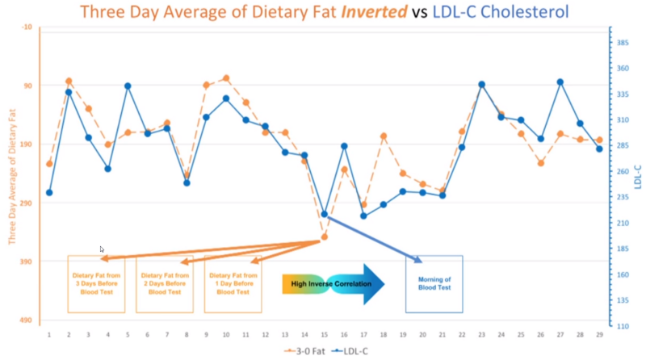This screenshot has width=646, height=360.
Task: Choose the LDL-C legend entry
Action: coord(356,351)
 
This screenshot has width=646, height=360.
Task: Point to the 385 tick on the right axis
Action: coord(623,42)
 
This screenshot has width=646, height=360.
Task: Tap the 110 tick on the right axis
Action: coord(623,326)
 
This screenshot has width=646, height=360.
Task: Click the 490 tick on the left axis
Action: coord(27,320)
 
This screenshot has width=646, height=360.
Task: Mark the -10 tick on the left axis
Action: coord(27,27)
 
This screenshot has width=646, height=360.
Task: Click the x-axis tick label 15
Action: coord(325,335)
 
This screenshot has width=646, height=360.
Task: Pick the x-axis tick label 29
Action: coord(599,335)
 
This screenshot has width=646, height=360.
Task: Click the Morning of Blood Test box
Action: coord(434,283)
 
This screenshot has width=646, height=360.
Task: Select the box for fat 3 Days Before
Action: coord(96,283)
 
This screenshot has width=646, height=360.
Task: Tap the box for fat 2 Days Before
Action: coord(165,283)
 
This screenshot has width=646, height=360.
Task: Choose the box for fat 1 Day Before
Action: coord(233,283)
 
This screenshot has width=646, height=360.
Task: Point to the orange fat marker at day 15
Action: coord(325,237)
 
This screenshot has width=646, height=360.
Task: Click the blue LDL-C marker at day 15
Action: coord(325,214)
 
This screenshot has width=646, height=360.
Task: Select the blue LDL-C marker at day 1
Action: coord(49,192)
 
